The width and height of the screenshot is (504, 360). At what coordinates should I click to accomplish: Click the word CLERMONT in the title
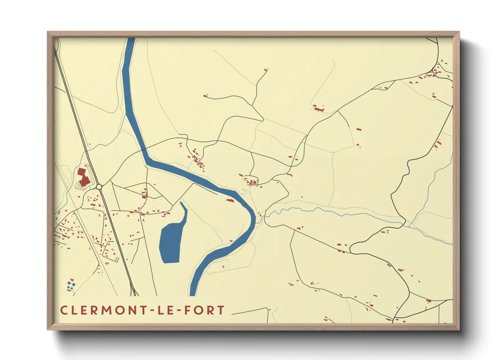(103, 310)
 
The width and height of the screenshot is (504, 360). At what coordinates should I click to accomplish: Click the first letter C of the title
(63, 310)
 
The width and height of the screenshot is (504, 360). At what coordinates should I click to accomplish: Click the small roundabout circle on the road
(99, 187)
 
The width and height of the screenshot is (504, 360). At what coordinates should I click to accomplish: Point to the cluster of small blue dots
(71, 285)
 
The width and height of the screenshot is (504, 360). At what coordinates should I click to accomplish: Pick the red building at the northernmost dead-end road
(266, 70)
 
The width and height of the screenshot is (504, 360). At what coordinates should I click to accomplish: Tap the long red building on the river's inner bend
(231, 200)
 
